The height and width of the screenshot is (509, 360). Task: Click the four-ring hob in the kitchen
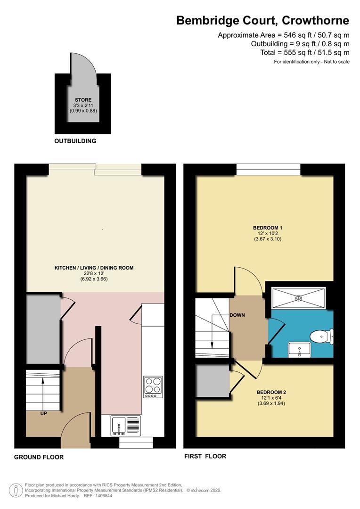point(153,386)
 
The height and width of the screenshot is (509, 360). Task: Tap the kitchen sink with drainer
point(126,426)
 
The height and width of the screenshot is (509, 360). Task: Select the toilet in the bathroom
point(321,336)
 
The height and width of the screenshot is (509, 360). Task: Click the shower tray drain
point(298,298)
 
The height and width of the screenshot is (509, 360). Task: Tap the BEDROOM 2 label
point(271,392)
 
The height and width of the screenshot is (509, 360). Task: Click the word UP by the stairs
point(43,413)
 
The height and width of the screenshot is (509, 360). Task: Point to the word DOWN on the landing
point(237,315)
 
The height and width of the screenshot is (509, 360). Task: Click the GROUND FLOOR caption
point(39,457)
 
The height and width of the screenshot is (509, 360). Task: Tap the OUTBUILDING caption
point(75,141)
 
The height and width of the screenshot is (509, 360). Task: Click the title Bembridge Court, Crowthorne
point(262,20)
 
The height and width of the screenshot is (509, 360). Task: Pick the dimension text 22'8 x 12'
point(94,274)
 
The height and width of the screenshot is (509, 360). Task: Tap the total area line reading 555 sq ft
point(304,52)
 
